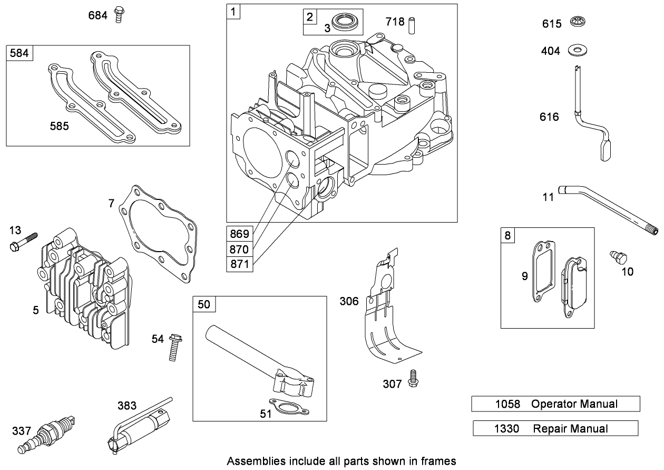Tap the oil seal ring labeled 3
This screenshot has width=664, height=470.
point(346,23)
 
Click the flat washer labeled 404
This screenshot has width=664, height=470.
point(579,51)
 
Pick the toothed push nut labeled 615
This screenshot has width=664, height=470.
point(578,23)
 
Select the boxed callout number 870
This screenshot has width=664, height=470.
point(239,248)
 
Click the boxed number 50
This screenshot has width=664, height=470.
point(203,305)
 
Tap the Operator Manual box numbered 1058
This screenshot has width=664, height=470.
point(555,404)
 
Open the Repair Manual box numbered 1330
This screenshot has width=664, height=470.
point(555,428)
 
